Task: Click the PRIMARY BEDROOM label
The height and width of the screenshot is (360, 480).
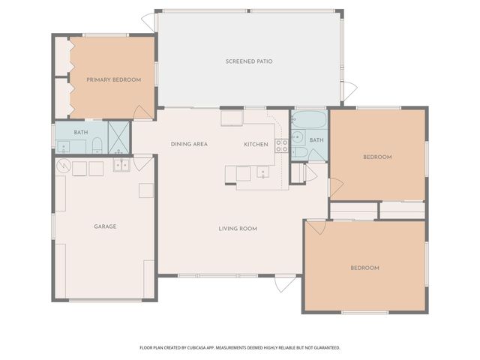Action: point(113,79)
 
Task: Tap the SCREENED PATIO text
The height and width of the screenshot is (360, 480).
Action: point(248,61)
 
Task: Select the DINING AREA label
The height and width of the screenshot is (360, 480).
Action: point(189,144)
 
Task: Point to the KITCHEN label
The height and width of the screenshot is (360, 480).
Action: point(256,144)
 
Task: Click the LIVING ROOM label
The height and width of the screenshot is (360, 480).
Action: point(238,229)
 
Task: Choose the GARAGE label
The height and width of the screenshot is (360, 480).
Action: point(105,226)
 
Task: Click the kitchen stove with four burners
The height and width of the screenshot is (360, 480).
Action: point(282,145)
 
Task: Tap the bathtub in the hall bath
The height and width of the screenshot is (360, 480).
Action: point(309,120)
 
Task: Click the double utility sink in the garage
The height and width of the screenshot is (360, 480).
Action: point(121,165)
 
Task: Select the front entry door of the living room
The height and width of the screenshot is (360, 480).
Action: point(283,283)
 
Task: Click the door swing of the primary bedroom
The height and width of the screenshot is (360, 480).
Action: point(141,112)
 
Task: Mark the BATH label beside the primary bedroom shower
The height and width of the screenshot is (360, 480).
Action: point(80,133)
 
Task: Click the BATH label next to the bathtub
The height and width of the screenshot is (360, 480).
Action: point(316,140)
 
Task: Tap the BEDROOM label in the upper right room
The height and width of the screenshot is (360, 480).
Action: point(377,157)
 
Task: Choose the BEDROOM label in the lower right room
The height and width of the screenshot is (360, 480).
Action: point(364,268)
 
